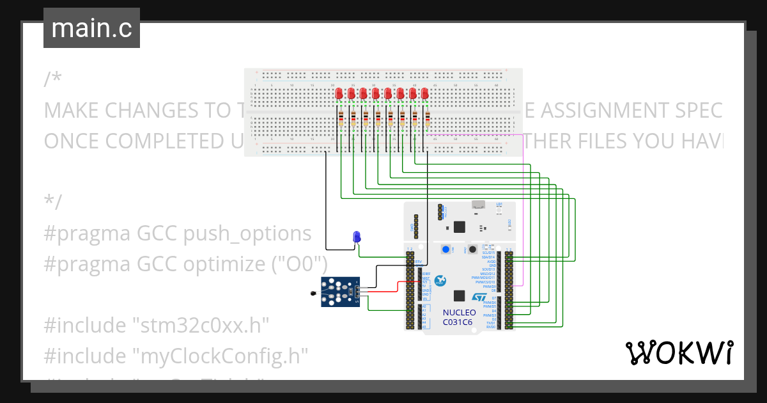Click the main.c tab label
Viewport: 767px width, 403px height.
pyautogui.click(x=91, y=29)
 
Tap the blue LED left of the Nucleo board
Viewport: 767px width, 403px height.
pyautogui.click(x=357, y=237)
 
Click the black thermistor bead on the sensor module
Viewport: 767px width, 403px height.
pyautogui.click(x=311, y=294)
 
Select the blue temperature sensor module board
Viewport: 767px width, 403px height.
pyautogui.click(x=339, y=292)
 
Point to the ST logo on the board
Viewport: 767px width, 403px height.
pyautogui.click(x=479, y=297)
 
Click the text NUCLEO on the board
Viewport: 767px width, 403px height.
pyautogui.click(x=458, y=313)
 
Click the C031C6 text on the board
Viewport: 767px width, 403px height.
pyautogui.click(x=458, y=322)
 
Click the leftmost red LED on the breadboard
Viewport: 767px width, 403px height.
pyautogui.click(x=339, y=94)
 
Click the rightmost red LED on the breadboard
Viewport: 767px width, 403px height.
pyautogui.click(x=424, y=94)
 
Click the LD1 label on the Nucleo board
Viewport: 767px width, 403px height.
pyautogui.click(x=499, y=203)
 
